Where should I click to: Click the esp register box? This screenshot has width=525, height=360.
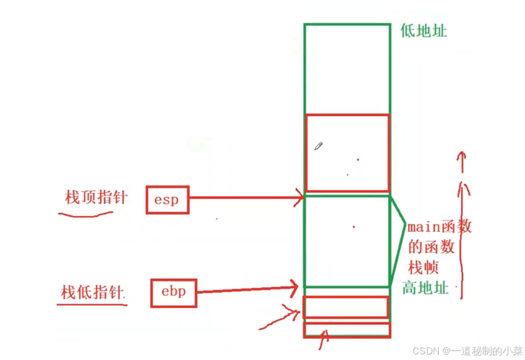coord(167,200)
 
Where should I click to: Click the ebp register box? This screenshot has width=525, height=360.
coord(173,292)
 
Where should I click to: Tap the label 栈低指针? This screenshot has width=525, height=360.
coord(92,292)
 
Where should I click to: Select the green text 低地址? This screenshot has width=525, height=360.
coord(424,31)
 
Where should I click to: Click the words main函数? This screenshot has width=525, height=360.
coord(439,227)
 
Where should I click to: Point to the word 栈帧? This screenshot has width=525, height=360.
coord(424,267)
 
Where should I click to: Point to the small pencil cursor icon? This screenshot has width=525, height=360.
coord(318,146)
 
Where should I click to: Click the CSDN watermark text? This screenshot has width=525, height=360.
coord(467,351)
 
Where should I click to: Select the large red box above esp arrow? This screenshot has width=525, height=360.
coord(347,153)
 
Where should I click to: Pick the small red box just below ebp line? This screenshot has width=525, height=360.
coord(346,306)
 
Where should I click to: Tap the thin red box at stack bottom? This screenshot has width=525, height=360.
coord(346,330)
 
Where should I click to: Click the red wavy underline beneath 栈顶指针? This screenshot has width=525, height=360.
coord(86,214)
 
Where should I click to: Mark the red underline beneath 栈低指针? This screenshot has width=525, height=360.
coord(92,303)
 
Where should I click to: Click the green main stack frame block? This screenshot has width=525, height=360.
coord(346,241)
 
